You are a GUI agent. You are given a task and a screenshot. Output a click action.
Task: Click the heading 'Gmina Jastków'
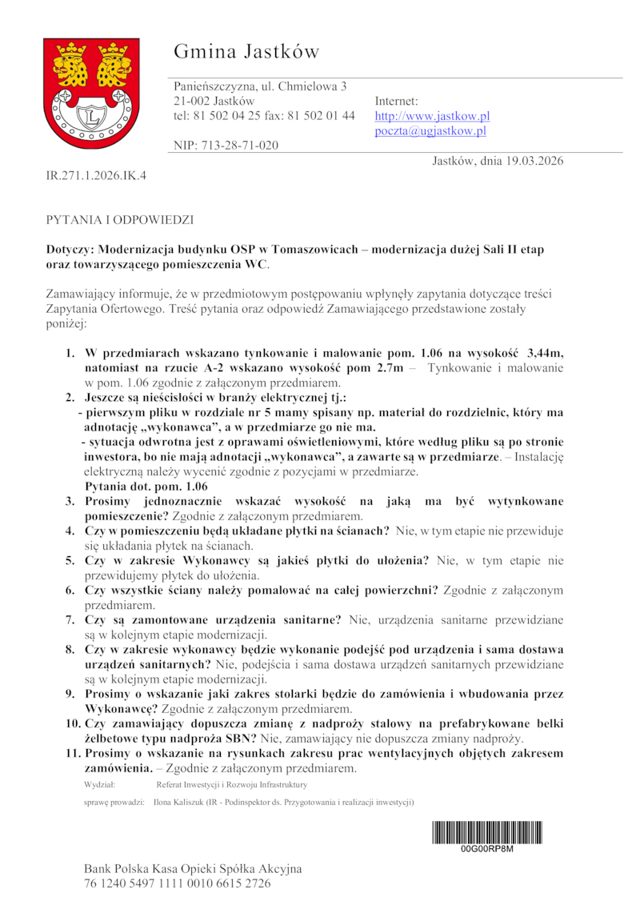[246, 52]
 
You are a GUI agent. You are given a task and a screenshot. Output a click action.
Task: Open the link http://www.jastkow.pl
[432, 116]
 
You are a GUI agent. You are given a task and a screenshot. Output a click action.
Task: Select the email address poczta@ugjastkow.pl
[430, 131]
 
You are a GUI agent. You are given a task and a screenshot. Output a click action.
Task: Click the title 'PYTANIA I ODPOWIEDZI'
[119, 218]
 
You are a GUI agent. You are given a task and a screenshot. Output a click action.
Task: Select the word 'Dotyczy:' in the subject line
[70, 250]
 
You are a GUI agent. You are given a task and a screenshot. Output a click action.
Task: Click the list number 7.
[70, 619]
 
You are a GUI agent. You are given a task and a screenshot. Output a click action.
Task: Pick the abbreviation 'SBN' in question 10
[239, 737]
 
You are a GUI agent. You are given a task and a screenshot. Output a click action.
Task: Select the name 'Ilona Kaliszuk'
[178, 801]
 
